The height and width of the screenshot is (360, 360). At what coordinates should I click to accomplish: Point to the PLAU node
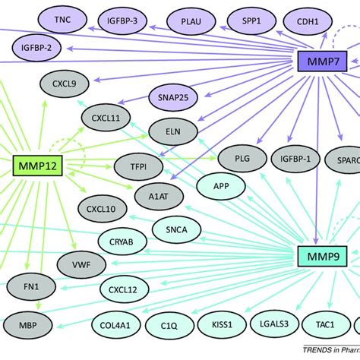(197, 21)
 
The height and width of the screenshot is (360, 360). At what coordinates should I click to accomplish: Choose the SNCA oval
(176, 227)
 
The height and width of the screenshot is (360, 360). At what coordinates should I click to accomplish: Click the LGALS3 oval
(272, 324)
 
